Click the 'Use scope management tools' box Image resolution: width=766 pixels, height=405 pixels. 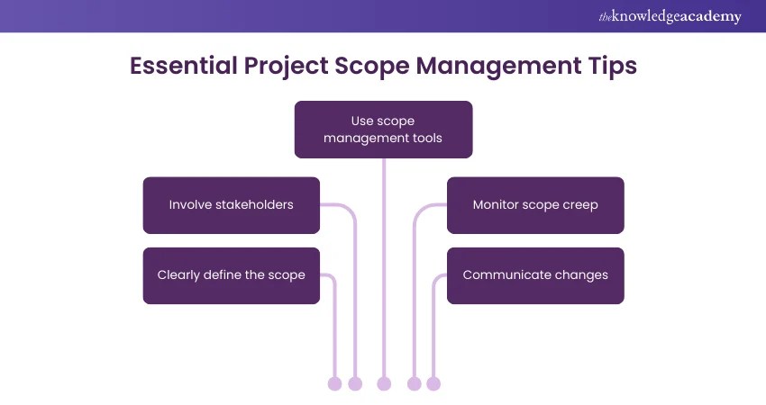pos(383,130)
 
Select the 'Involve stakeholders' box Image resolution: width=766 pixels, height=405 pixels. pos(232,205)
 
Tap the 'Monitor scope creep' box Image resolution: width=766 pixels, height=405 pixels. pos(535,205)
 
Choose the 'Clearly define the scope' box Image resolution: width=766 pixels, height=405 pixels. pos(232,275)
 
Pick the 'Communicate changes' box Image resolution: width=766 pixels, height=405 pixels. pos(535,275)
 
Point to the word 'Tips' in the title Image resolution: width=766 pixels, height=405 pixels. pos(608,67)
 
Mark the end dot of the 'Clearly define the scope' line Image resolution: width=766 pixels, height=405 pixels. pos(335,384)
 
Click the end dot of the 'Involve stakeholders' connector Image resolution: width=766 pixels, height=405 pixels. pos(355,384)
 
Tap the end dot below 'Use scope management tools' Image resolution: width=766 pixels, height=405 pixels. pos(384,384)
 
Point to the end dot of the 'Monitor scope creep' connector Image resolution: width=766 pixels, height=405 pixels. pos(415,384)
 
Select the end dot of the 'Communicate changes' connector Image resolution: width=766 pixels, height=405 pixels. pos(433,384)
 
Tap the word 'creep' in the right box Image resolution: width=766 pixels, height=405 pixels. pos(579,205)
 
